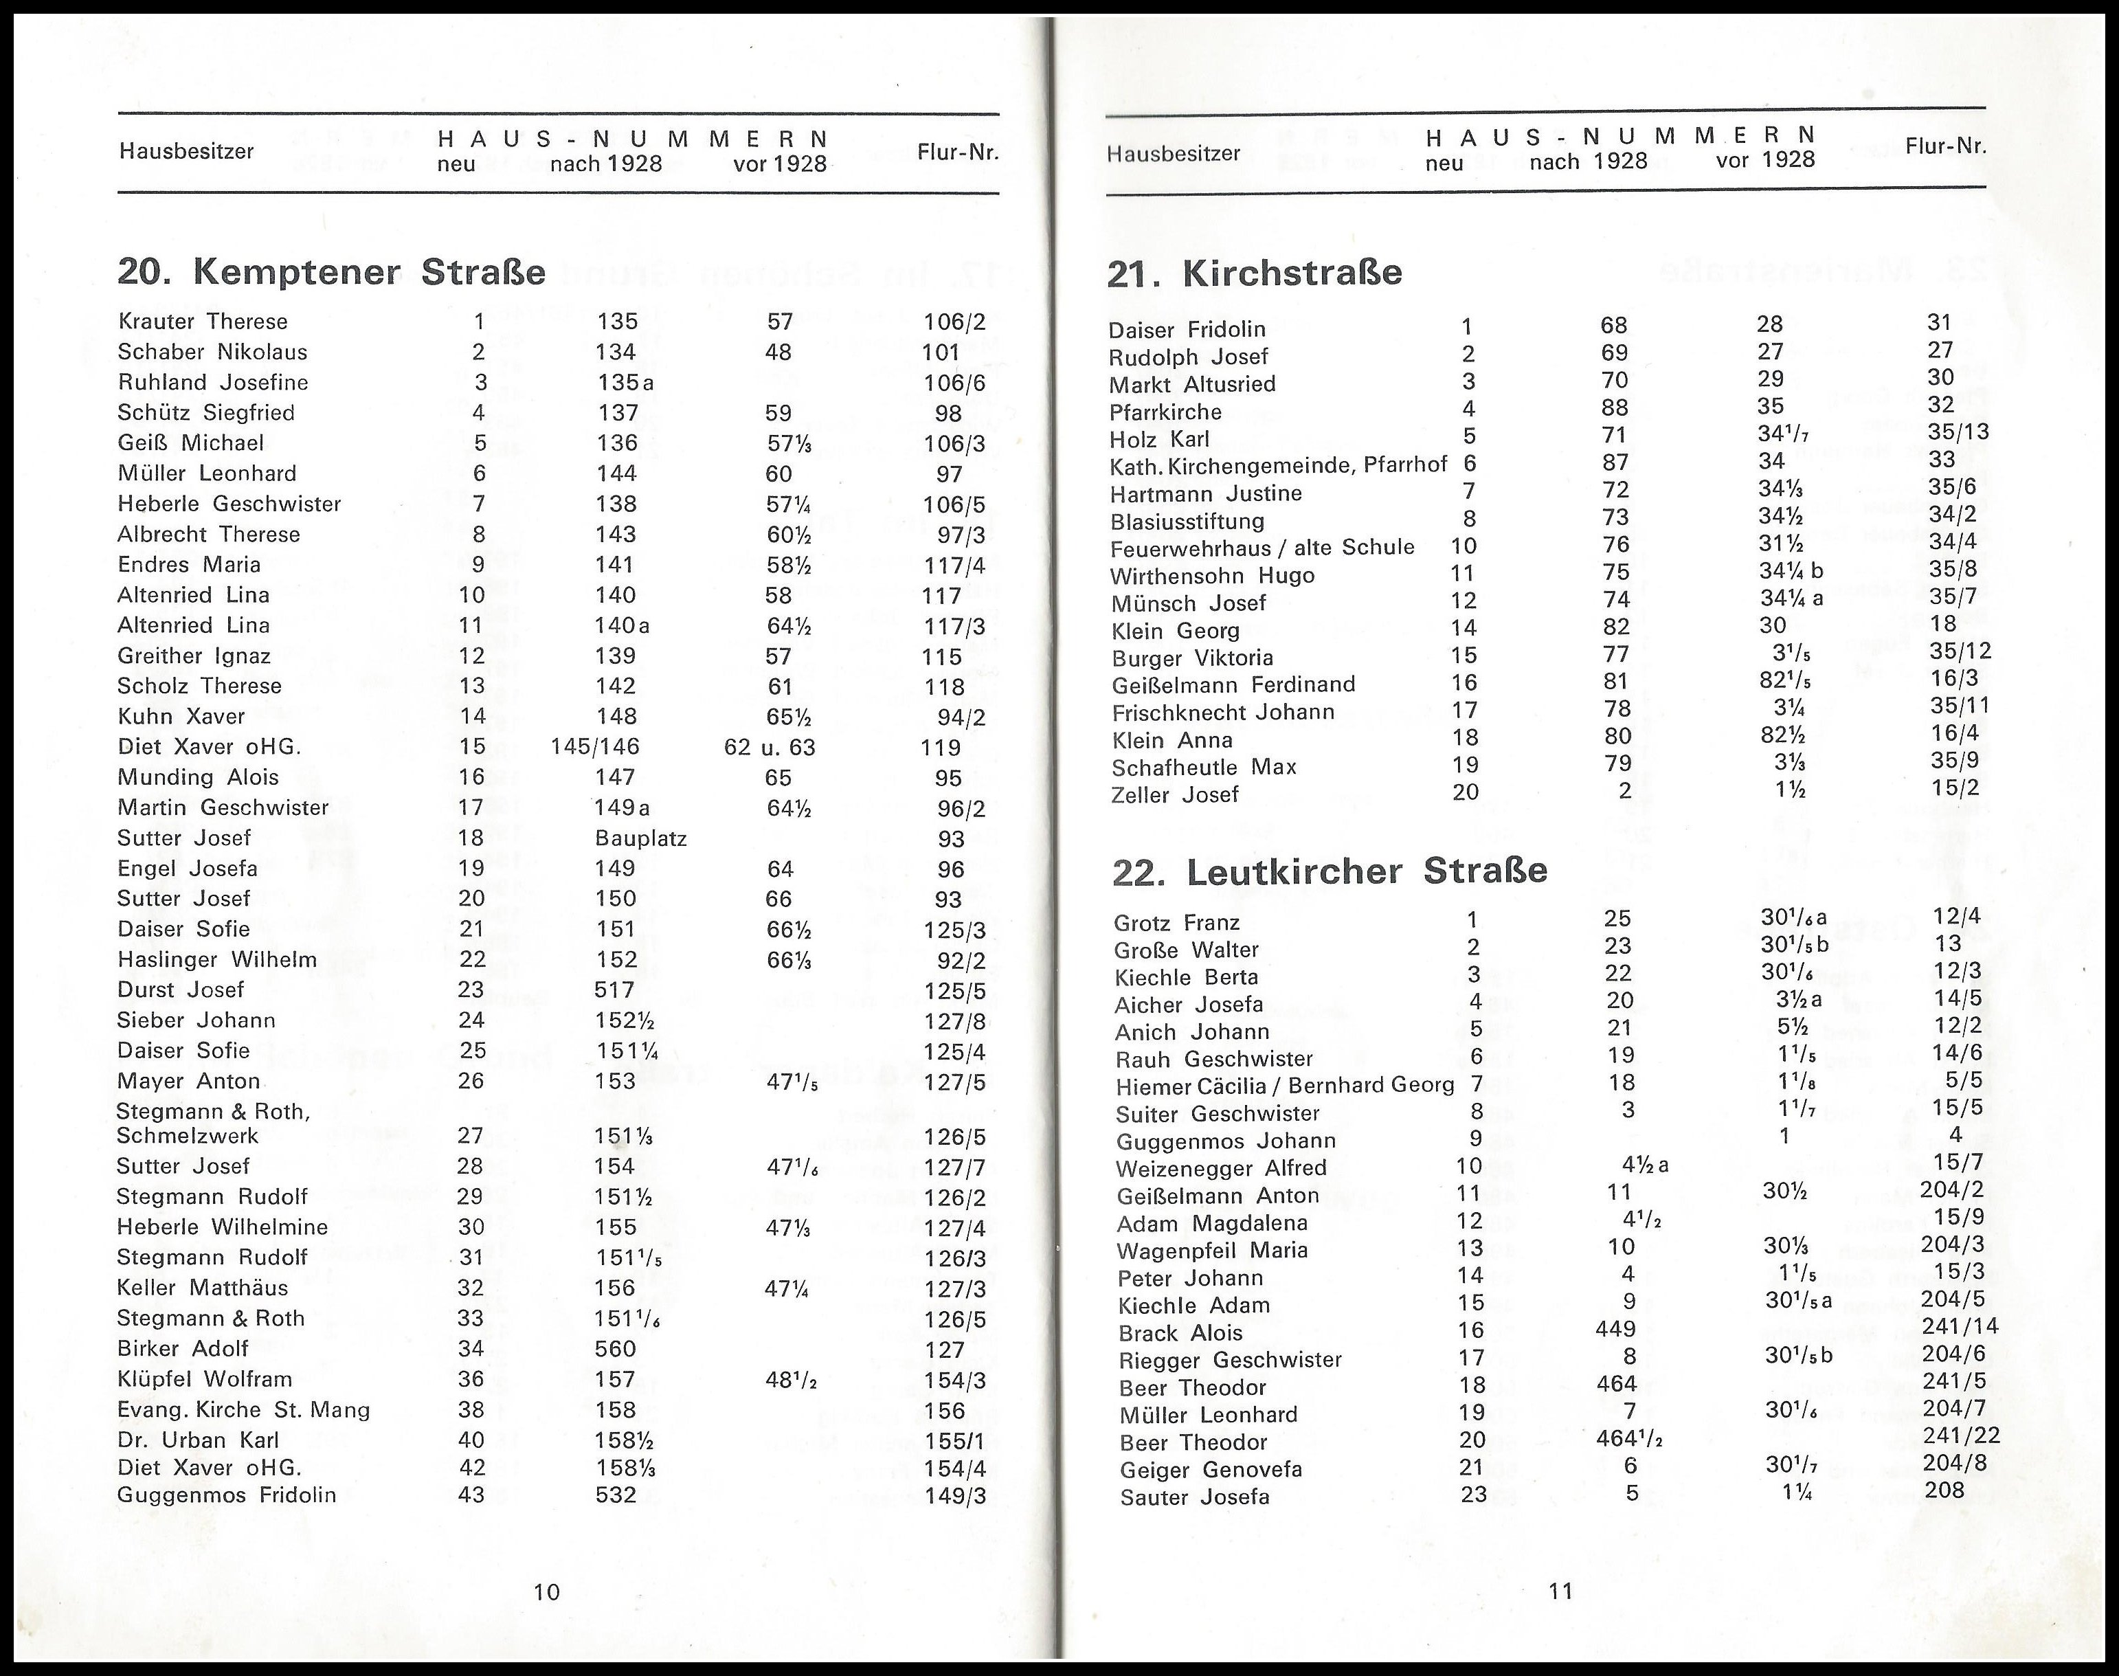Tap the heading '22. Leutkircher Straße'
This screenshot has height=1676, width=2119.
(1330, 871)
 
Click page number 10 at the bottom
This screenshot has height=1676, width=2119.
(546, 1591)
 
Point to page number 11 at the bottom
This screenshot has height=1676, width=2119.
(1561, 1591)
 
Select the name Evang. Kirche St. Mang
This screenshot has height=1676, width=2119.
(243, 1410)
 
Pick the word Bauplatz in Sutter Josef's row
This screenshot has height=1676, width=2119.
(640, 838)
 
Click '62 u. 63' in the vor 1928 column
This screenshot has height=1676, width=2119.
(769, 747)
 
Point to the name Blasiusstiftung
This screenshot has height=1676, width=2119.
(1187, 521)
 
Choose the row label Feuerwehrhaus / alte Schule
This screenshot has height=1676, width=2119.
(1262, 548)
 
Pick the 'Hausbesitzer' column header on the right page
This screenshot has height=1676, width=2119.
(1174, 153)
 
